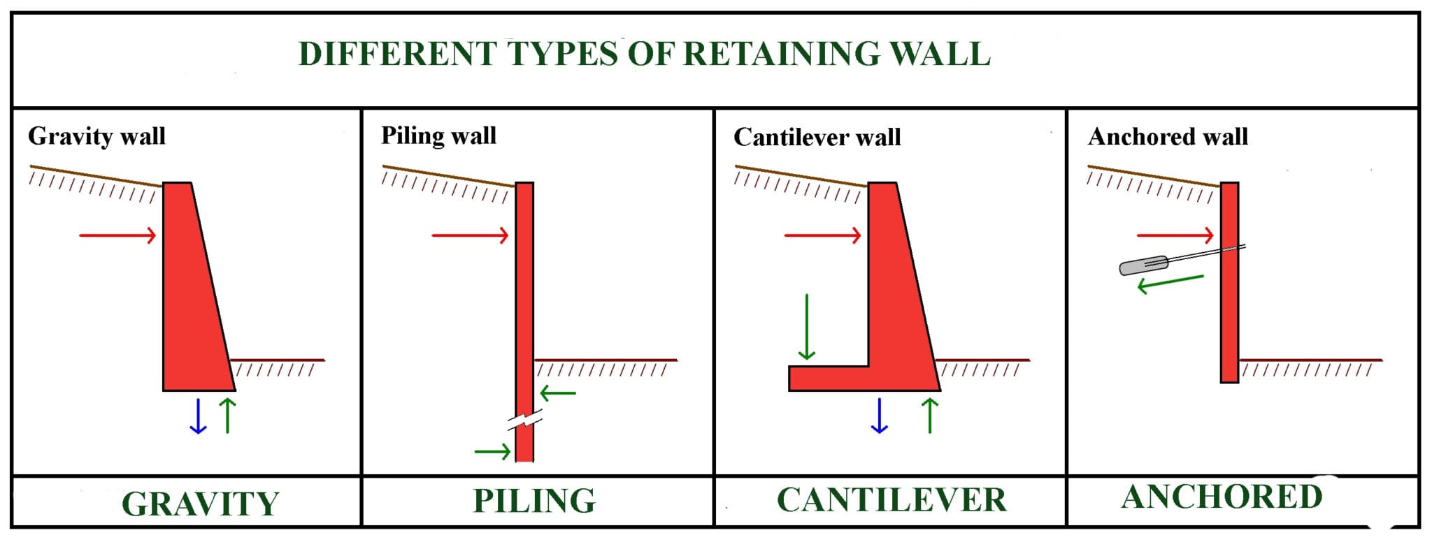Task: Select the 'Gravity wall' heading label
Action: tap(96, 135)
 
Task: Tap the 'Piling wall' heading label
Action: tap(438, 135)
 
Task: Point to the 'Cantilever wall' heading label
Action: tap(817, 137)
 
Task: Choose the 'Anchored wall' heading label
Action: tap(1167, 136)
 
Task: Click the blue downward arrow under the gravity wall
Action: tap(198, 416)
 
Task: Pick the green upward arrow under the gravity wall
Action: tap(228, 416)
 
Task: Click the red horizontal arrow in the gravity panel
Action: tap(117, 235)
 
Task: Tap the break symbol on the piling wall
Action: tap(524, 421)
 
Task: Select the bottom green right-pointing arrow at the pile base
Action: tap(492, 452)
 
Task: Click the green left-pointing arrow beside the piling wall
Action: tap(558, 393)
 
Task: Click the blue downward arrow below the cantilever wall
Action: tap(879, 416)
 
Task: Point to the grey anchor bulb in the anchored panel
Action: tap(1144, 265)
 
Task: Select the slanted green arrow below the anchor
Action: tap(1170, 282)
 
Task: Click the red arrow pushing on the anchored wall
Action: tap(1175, 235)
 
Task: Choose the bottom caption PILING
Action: tap(534, 501)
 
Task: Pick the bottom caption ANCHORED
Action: tap(1222, 497)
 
